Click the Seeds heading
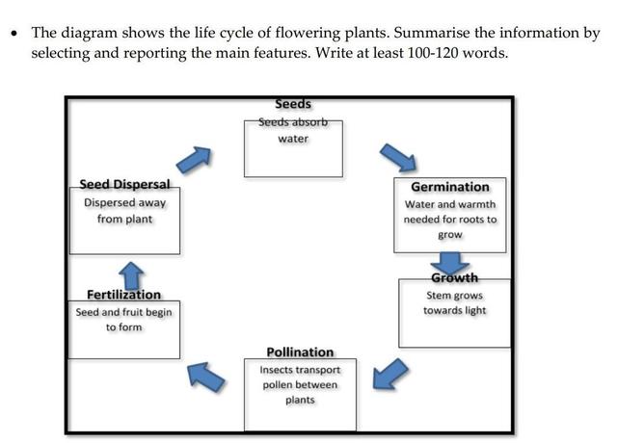coord(293,104)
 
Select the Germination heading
coord(450,187)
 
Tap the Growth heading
coord(454,278)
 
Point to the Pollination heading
coord(300,352)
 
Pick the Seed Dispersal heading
coord(124,184)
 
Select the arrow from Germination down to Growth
coord(449,261)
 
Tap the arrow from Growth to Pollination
coord(388,374)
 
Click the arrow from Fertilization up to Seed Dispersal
coord(132,274)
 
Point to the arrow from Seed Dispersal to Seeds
coord(196,160)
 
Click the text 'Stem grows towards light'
coord(454,303)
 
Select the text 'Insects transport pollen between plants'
coord(300,384)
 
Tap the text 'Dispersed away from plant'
coord(124,211)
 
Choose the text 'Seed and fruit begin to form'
coord(123,320)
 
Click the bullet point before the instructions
coord(14,34)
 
